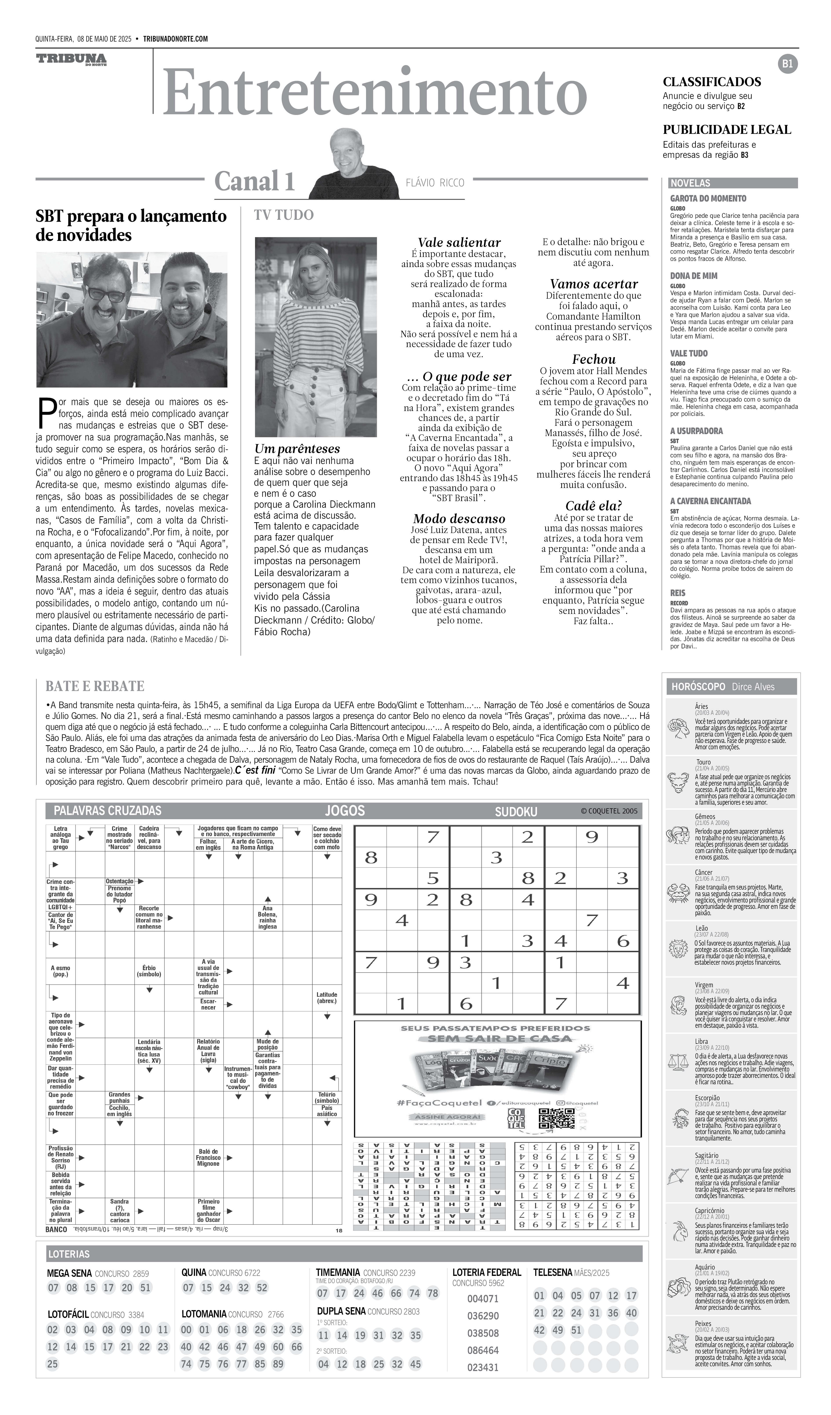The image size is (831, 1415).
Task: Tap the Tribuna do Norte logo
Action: click(x=71, y=60)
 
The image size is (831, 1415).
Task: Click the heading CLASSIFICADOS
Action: click(x=711, y=82)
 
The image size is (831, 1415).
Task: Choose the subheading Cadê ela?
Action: click(x=594, y=505)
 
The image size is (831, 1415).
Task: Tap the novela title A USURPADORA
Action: click(x=696, y=431)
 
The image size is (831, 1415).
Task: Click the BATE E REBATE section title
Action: click(x=95, y=686)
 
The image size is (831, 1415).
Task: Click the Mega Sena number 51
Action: click(x=146, y=1288)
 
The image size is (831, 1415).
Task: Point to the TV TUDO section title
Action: click(x=284, y=215)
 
